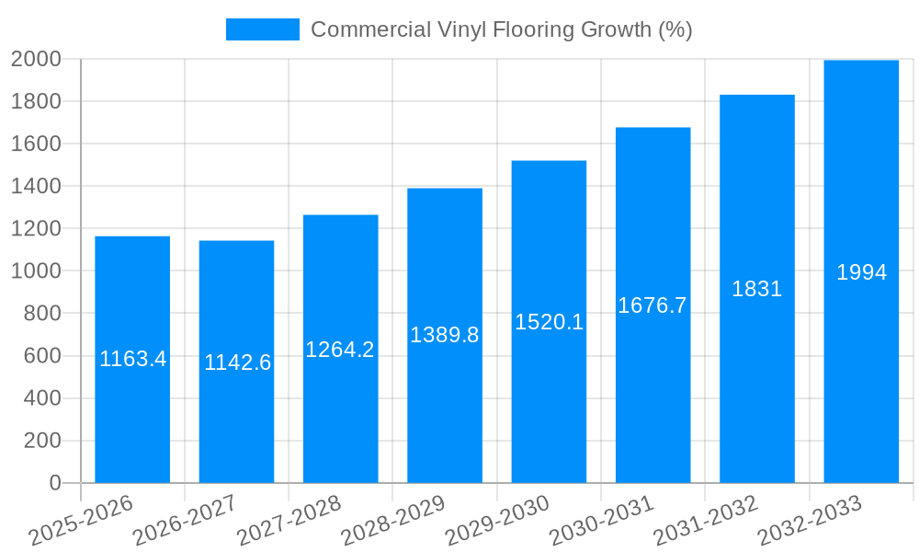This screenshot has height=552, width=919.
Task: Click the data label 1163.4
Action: point(133,359)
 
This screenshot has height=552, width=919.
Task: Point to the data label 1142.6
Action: point(237,362)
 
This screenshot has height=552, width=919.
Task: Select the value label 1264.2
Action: point(340,350)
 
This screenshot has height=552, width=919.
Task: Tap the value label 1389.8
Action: point(445,335)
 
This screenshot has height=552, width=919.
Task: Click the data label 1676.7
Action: point(652,305)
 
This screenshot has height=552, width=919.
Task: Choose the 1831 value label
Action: point(757,289)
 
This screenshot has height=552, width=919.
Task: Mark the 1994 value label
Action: point(861,272)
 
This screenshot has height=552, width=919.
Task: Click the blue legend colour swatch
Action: point(263,29)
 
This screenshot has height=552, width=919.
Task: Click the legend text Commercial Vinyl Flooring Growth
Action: point(501,29)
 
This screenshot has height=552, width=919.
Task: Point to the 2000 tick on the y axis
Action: point(36,59)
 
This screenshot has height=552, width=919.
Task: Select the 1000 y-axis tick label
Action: point(36,271)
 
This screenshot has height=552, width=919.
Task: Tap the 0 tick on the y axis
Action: point(54,483)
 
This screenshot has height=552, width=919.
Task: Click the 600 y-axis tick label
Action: point(41,356)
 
